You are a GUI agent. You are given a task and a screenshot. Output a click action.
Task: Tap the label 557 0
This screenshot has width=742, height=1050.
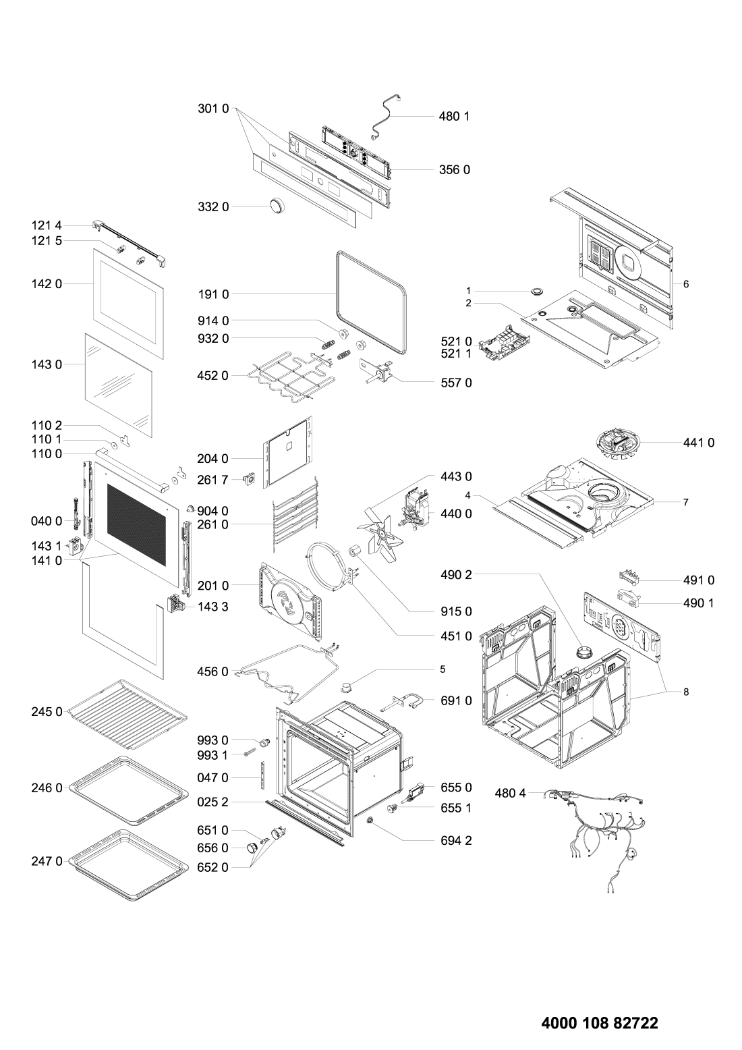tap(457, 383)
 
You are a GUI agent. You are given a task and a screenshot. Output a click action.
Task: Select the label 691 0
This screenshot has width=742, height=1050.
tap(457, 700)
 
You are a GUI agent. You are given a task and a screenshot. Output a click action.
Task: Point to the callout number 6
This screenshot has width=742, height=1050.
tap(686, 284)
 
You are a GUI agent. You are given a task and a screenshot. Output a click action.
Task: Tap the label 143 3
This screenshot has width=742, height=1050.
tap(213, 607)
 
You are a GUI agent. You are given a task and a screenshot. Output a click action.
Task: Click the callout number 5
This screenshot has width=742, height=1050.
tap(443, 669)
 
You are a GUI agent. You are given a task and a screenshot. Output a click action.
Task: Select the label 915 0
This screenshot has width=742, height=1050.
tap(457, 611)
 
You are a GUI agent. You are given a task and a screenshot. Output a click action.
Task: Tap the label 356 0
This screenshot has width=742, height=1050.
tap(457, 169)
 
